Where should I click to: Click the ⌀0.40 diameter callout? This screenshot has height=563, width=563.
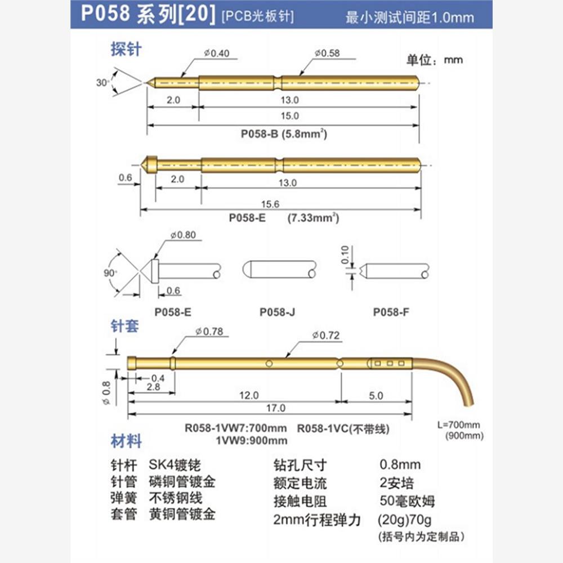(x=217, y=53)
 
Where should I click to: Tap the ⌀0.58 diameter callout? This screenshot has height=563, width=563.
(x=328, y=53)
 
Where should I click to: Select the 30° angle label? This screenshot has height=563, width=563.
(x=102, y=82)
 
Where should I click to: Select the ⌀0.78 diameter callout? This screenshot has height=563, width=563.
(x=209, y=332)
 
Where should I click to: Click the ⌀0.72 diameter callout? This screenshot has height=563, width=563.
(x=327, y=336)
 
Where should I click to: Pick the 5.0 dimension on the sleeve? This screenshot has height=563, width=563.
(x=376, y=395)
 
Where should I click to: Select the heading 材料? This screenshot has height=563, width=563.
(x=126, y=441)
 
